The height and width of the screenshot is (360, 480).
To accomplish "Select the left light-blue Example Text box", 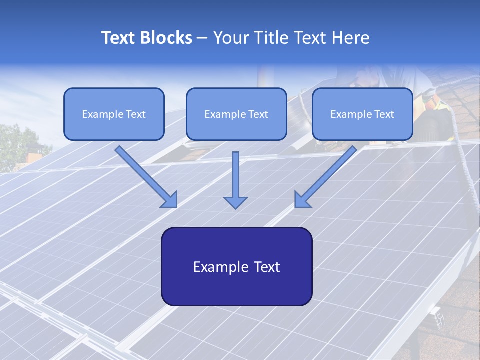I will coord(114,114).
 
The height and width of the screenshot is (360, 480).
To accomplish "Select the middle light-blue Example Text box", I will coord(236,114).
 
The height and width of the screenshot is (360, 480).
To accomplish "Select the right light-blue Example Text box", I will coord(362,114).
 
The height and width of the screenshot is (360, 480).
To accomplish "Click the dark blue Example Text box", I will coord(236,266).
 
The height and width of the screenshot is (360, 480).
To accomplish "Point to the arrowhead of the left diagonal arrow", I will coord(170,200).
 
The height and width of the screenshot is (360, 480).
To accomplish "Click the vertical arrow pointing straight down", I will coord(235,180).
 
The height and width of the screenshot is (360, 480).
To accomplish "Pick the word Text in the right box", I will coord(383,114).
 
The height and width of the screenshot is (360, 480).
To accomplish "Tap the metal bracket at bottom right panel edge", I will coord(437,316).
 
